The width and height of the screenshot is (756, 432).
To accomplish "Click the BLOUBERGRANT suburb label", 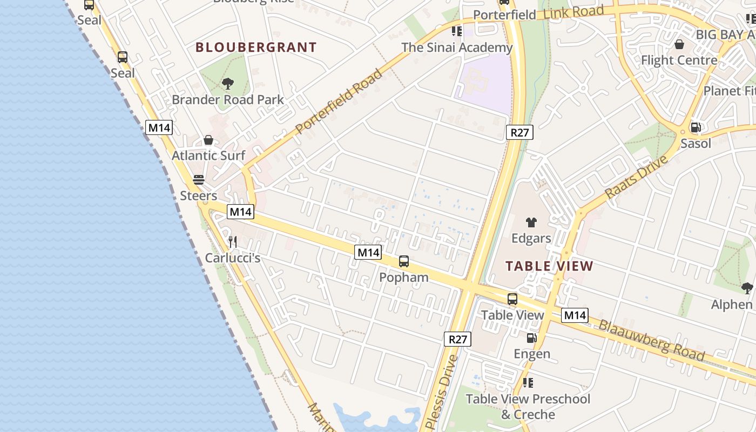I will (x=256, y=48).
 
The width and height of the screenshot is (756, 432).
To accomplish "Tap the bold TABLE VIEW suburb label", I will (x=549, y=266).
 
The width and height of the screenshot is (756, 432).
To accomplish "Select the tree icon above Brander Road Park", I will (x=228, y=84).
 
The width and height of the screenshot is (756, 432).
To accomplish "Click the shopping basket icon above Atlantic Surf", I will (x=208, y=140).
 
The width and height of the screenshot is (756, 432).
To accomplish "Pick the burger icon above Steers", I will (x=199, y=180).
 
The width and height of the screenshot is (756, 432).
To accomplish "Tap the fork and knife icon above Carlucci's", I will (x=233, y=241).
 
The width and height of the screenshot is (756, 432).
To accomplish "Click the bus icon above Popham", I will (x=404, y=261).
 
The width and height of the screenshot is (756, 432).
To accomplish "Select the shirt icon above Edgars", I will (x=531, y=222).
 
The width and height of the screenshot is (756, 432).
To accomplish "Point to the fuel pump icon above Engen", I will (x=532, y=338).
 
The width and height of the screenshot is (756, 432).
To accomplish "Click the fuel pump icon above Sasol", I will (x=696, y=128).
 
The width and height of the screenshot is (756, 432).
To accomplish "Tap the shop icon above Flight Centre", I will (x=679, y=44).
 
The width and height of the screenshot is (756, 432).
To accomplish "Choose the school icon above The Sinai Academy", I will (x=457, y=31).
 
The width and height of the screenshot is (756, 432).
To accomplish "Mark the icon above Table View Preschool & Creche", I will (x=528, y=383).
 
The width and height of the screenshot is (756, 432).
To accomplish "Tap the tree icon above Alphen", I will (x=747, y=288).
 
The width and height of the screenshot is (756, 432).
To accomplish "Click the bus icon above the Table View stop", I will (x=512, y=299).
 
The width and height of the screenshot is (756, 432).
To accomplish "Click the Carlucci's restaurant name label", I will (x=233, y=258).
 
